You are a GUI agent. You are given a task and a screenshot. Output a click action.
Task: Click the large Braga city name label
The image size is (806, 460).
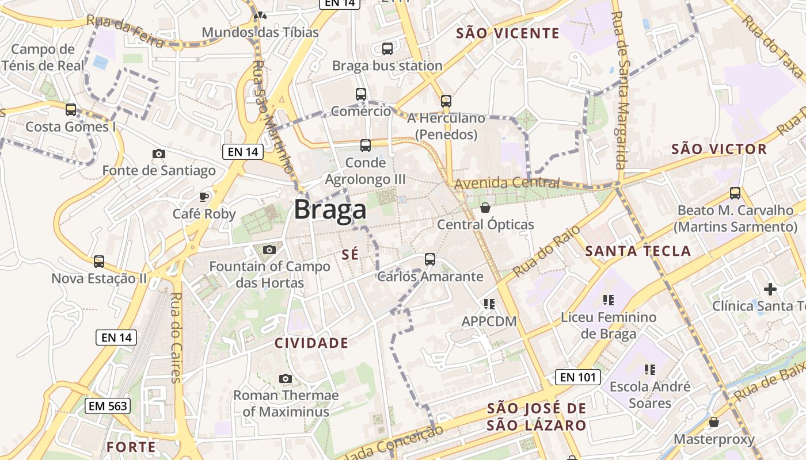tap(330, 210)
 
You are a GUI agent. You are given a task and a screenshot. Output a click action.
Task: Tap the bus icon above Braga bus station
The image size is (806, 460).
tap(387, 49)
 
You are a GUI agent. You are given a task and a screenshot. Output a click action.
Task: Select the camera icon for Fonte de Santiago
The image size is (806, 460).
tap(159, 154)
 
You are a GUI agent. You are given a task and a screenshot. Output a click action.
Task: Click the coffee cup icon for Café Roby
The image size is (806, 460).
tap(204, 197)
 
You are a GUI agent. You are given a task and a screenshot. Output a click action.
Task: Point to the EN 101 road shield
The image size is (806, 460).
tap(578, 377)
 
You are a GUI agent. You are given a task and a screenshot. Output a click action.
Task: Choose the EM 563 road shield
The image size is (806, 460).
tap(108, 406)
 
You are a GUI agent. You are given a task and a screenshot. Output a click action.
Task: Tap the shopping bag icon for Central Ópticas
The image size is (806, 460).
tap(485, 207)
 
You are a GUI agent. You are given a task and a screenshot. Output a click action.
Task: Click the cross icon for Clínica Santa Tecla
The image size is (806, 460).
tap(770, 289)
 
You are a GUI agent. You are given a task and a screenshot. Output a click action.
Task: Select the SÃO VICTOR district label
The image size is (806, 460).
tap(719, 149)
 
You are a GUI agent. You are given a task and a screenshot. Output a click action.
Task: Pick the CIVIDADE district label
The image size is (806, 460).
tap(311, 343)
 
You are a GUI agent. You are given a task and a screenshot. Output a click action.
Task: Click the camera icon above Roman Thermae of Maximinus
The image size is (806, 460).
tap(285, 378)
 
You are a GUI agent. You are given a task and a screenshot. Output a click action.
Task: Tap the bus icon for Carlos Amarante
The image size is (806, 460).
tap(430, 259)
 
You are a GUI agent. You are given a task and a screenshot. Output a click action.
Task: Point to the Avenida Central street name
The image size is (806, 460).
tap(507, 183)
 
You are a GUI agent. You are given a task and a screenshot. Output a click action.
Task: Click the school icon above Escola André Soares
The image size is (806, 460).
tap(650, 369)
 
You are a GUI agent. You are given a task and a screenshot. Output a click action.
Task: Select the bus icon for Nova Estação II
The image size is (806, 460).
tap(99, 262)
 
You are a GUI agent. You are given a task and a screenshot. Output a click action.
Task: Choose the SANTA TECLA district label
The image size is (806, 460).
tap(638, 251)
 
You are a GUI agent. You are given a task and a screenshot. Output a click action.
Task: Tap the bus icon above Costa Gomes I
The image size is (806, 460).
tap(71, 109)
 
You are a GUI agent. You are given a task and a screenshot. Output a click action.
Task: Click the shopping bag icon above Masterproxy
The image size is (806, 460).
tap(714, 422)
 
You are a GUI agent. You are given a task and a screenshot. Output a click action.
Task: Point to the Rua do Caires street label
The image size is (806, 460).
tap(176, 338)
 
